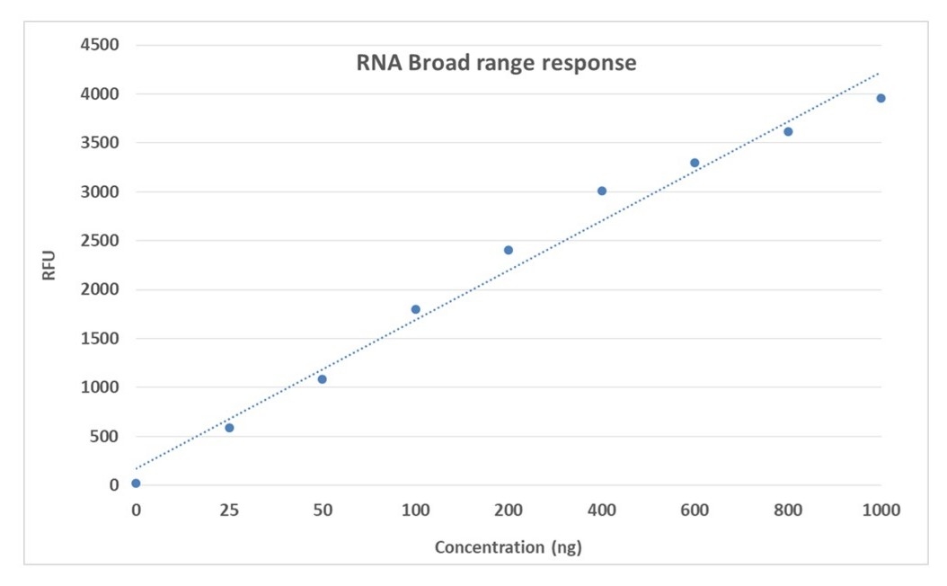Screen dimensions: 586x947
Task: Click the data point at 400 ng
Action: tap(602, 191)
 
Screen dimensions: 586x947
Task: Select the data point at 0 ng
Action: tap(136, 484)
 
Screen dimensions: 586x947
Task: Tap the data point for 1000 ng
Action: tap(881, 98)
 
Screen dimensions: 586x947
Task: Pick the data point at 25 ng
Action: tap(229, 428)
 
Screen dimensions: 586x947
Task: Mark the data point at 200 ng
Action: tap(509, 250)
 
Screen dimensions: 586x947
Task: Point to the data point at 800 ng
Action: tap(788, 131)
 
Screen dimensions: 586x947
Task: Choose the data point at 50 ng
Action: tap(323, 379)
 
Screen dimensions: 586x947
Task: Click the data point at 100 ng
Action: tap(415, 309)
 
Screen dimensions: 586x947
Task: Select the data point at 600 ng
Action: tap(695, 163)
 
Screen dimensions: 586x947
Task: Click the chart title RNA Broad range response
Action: tap(492, 64)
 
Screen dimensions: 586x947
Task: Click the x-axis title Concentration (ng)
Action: tap(508, 547)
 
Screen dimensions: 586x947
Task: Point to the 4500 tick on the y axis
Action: tap(102, 45)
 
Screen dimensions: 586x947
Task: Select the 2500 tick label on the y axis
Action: tap(102, 241)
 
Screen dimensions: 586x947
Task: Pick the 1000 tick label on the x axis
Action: tap(881, 511)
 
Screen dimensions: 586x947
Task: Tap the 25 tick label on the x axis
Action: tap(229, 511)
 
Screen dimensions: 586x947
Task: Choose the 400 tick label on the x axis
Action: tap(602, 511)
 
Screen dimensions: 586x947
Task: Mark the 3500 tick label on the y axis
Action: tap(102, 143)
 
